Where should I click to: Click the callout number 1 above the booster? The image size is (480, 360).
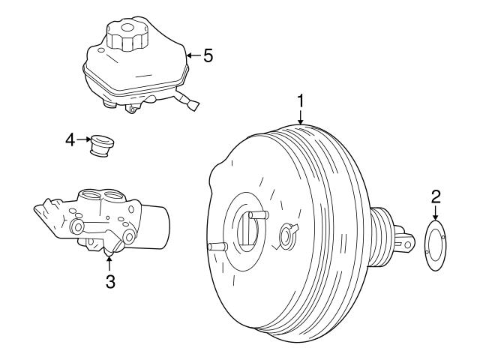(300, 99)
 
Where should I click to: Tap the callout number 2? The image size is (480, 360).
(435, 197)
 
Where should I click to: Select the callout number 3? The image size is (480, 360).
(109, 281)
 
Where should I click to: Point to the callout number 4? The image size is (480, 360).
(70, 139)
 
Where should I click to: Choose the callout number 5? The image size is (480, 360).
(208, 55)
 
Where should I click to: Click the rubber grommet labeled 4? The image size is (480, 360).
(99, 145)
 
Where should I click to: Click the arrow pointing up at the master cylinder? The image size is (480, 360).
(109, 262)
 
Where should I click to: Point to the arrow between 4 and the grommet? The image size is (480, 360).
(83, 139)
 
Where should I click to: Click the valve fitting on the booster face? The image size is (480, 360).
(286, 235)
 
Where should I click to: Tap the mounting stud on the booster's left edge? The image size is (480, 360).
(216, 247)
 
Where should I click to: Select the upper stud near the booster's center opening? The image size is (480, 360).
(257, 215)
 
